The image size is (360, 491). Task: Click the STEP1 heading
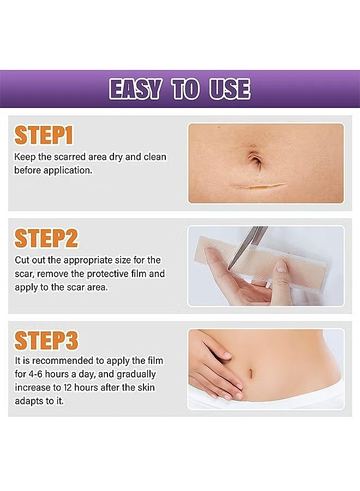pos(44,136)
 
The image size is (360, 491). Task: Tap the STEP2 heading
pos(46,238)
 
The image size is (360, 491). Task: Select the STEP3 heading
pos(46,340)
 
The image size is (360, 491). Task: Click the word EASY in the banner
pos(135,89)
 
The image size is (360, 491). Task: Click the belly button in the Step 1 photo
pos(255,160)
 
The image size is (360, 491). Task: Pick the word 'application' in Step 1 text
pos(64,170)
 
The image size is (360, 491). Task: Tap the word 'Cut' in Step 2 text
pos(21,260)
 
